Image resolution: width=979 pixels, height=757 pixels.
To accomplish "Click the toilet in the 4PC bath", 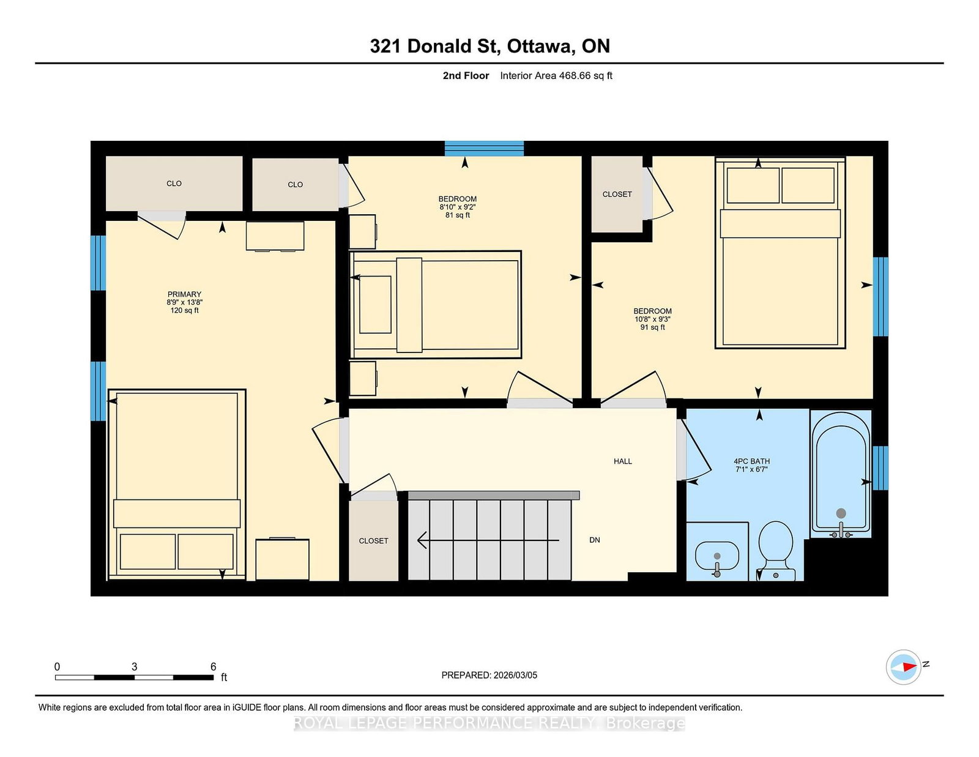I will coord(776,548).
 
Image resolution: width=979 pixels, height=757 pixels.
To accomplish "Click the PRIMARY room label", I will coord(184,294).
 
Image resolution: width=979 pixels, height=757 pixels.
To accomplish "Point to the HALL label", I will coord(623,461).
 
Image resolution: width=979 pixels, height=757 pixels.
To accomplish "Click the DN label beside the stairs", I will coord(595,540).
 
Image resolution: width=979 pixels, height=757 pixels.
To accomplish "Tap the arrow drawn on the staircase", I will coord(488,540).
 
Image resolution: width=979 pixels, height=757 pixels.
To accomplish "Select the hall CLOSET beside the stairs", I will coord(373,541).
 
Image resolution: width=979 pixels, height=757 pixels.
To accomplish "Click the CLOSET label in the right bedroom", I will coord(617,195).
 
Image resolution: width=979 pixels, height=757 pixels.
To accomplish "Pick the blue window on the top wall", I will coord(484,148).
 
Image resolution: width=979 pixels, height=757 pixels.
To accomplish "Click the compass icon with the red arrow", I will coord(904,667).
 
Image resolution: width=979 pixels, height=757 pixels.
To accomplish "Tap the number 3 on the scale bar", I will coord(134,667).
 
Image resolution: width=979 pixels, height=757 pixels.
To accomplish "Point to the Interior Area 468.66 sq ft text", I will coord(556,76).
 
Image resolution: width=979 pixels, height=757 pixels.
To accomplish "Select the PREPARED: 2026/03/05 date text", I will coord(489,675).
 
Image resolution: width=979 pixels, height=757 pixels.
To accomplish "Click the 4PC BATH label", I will coord(751,461).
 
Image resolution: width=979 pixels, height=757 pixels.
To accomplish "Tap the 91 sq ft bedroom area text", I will coord(652,327).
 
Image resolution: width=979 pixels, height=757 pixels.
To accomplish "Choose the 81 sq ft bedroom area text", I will coord(458,215).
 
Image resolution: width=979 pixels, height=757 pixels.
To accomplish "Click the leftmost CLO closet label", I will coord(174,184).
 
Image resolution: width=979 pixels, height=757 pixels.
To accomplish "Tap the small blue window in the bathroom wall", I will coord(880,468).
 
